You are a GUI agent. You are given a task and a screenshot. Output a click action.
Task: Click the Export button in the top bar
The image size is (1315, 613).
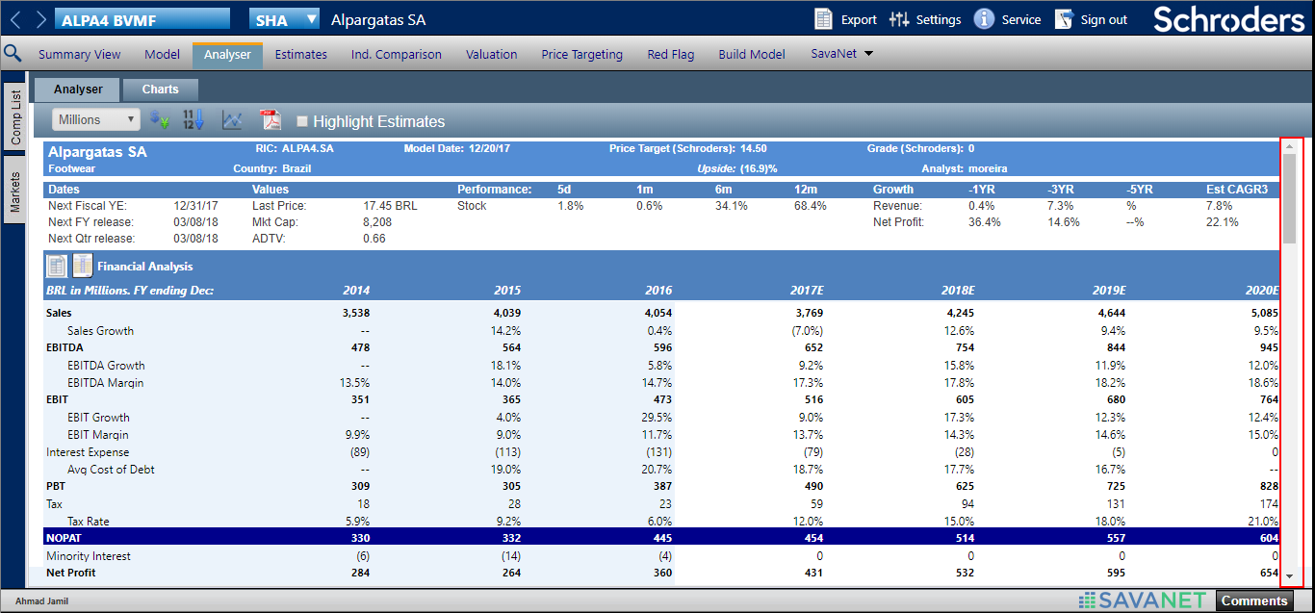pyautogui.click(x=845, y=19)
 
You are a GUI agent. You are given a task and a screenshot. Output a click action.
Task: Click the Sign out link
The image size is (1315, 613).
pyautogui.click(x=1092, y=19)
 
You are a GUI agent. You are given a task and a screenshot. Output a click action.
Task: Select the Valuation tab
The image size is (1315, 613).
pyautogui.click(x=491, y=55)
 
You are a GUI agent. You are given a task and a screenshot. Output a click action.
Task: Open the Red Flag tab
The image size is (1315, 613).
pyautogui.click(x=670, y=55)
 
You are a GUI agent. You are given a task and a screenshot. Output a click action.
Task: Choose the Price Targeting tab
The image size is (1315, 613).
pyautogui.click(x=581, y=55)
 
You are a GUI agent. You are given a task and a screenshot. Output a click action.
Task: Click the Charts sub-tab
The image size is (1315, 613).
pyautogui.click(x=160, y=89)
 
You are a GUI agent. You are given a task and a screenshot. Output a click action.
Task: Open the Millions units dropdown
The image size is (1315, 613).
pyautogui.click(x=96, y=120)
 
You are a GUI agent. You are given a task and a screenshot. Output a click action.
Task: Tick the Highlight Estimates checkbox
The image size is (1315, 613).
pyautogui.click(x=302, y=121)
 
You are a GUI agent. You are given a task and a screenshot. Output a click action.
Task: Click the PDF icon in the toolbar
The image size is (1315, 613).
pyautogui.click(x=270, y=120)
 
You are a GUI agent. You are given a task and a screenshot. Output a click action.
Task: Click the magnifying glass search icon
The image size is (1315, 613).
pyautogui.click(x=13, y=54)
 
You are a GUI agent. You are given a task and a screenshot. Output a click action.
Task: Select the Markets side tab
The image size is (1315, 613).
pyautogui.click(x=15, y=192)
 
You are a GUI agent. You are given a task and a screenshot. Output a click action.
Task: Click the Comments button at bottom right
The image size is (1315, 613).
pyautogui.click(x=1254, y=600)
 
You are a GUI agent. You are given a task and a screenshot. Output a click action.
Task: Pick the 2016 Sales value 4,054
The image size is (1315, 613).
pyautogui.click(x=655, y=313)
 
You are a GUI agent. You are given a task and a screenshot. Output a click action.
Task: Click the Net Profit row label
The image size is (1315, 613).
pyautogui.click(x=71, y=573)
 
